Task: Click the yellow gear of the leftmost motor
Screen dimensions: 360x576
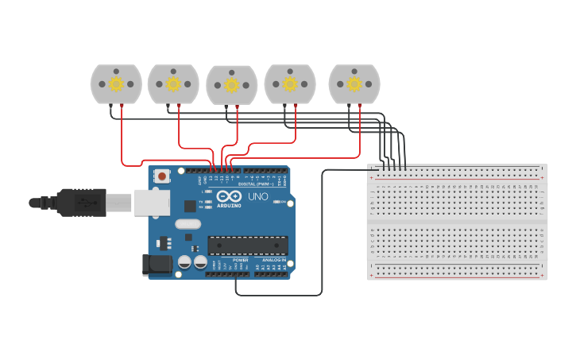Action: (x=116, y=83)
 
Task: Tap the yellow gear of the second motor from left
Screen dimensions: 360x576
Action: (x=173, y=83)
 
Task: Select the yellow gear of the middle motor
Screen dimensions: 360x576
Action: (x=231, y=84)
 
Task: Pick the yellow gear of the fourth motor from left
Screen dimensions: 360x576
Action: (x=290, y=83)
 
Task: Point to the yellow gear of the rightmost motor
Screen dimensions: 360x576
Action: (x=354, y=83)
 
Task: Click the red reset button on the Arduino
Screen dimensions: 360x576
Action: (x=162, y=176)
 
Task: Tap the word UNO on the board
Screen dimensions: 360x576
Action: (x=258, y=196)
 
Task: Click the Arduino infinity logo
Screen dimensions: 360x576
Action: (x=229, y=197)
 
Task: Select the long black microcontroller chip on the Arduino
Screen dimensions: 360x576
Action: (x=247, y=246)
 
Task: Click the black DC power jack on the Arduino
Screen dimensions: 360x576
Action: (x=157, y=265)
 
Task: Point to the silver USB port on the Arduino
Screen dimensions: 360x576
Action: (x=152, y=203)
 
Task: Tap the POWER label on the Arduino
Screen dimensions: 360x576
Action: (x=240, y=261)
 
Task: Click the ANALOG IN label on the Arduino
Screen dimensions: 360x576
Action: (x=274, y=261)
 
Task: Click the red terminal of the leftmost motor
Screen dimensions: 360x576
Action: (x=122, y=106)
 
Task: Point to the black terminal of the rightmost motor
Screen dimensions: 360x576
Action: (x=349, y=106)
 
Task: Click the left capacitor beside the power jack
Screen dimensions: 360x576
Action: (x=184, y=261)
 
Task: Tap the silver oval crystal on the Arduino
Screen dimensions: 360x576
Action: (x=188, y=224)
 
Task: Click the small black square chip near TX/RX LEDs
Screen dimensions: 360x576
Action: (x=190, y=206)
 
